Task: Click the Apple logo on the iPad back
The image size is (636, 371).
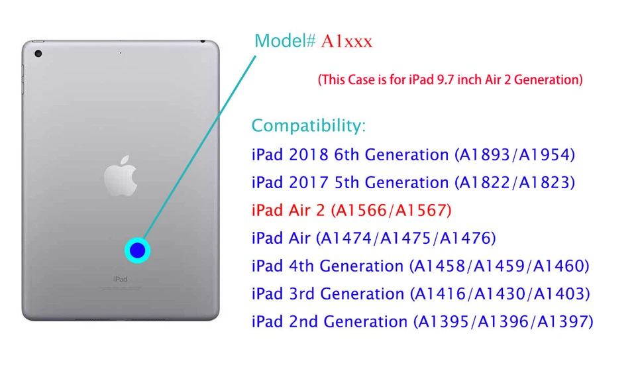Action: point(120,175)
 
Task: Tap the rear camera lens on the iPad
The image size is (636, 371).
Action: point(38,53)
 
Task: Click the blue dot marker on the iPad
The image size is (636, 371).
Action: point(137,250)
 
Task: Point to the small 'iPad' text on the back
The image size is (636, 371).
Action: point(120,279)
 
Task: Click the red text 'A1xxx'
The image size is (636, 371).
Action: point(347,41)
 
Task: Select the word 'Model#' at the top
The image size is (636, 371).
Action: point(286,41)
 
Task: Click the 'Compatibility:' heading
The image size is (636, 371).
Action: point(308,125)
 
